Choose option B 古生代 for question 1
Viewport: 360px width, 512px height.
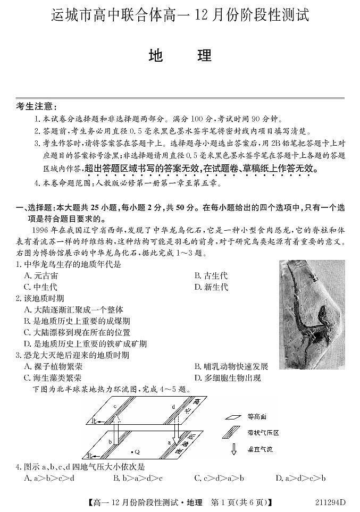pos(211,275)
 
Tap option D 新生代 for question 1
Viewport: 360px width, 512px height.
pos(211,288)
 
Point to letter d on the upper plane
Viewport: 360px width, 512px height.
pos(173,407)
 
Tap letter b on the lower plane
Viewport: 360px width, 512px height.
pos(110,442)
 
